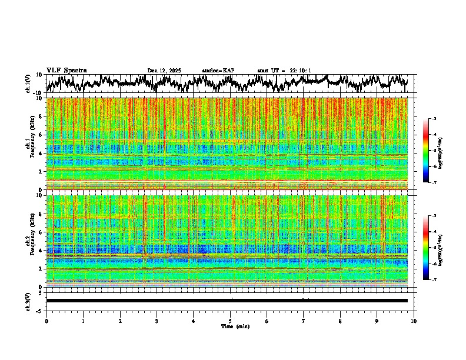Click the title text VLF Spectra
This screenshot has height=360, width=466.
[x=66, y=71]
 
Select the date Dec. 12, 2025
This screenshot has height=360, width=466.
[x=164, y=71]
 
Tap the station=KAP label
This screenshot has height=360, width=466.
[x=218, y=71]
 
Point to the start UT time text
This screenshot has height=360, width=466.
[x=284, y=71]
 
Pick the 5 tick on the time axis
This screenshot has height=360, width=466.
[x=230, y=321]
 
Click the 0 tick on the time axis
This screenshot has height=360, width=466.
[x=46, y=321]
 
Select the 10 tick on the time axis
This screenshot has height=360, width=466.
[x=414, y=321]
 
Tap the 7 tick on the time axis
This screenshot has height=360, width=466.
[x=304, y=321]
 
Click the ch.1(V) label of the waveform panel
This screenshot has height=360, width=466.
[x=28, y=84]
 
